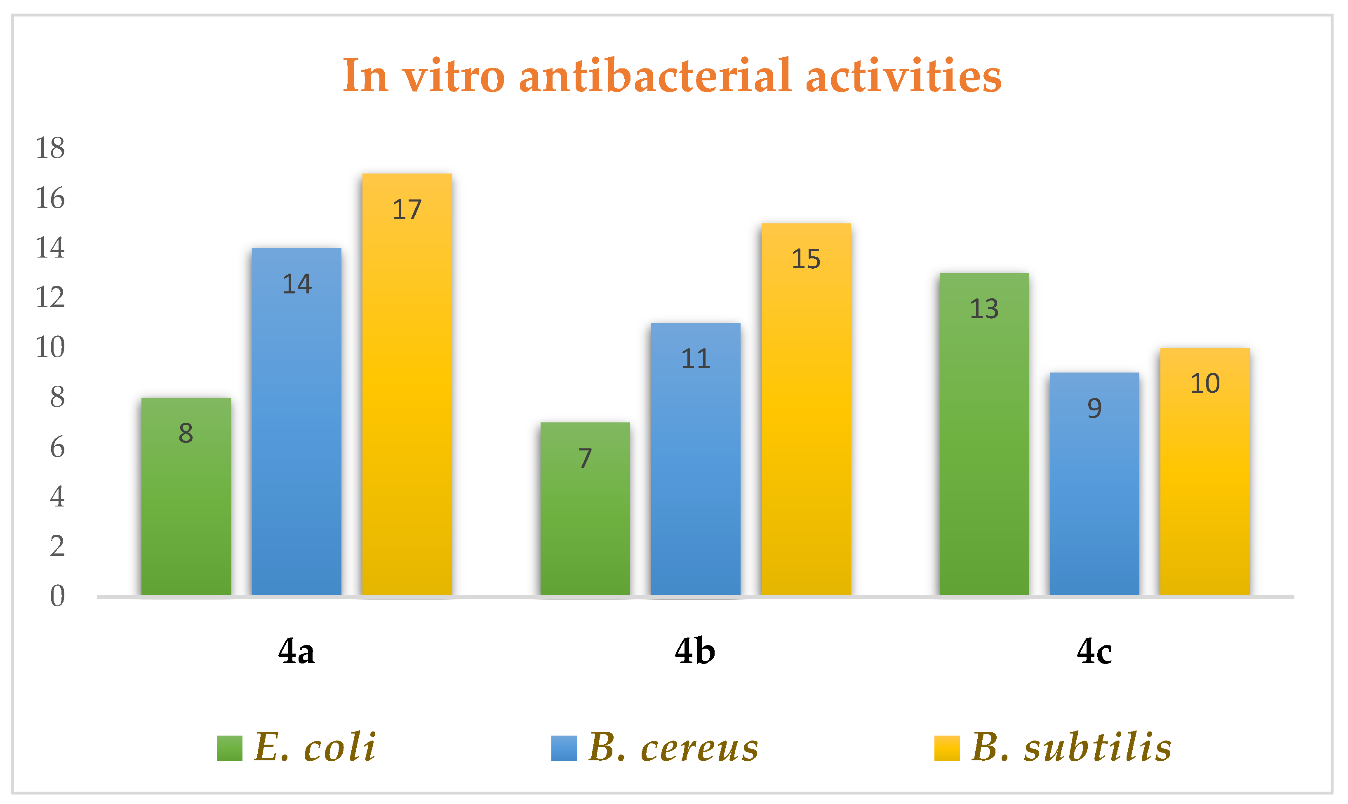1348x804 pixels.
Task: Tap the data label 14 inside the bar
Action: tap(296, 284)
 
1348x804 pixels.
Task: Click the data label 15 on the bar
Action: tap(806, 259)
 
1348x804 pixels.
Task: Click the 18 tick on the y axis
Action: tap(50, 148)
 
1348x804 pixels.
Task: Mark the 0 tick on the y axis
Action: tap(57, 596)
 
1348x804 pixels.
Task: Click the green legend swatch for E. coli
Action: tap(229, 748)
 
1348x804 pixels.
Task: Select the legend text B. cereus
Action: tap(673, 748)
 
